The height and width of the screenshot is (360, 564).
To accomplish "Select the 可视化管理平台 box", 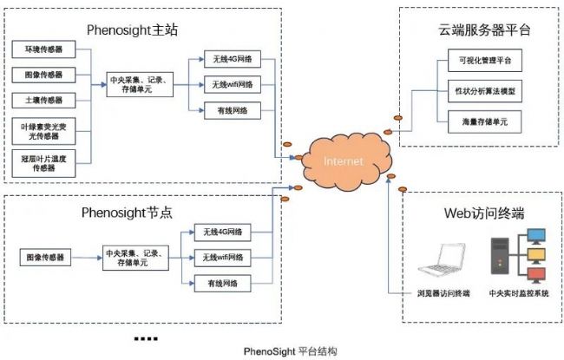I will pos(480,61).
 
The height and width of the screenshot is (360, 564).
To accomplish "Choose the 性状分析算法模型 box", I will pos(480,90).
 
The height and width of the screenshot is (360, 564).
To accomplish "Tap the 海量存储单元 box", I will pos(480,121).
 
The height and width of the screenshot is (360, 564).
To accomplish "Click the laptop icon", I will pos(448,260).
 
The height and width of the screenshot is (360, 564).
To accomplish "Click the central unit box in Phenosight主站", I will pos(140,84).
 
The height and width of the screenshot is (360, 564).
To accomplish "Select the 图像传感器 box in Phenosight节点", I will pos(48,257).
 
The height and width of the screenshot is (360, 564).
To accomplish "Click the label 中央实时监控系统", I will pos(519,294).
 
